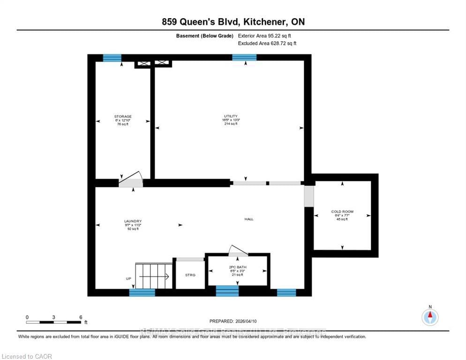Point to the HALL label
coord(249,219)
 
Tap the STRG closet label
coord(190,275)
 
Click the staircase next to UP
coord(153,277)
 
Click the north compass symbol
coord(430,317)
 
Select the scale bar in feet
coord(54,322)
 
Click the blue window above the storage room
coord(112,58)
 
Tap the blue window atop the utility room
coord(244,58)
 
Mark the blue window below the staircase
coord(142,292)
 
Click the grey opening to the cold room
coord(308,196)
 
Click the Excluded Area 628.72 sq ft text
coord(267,43)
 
